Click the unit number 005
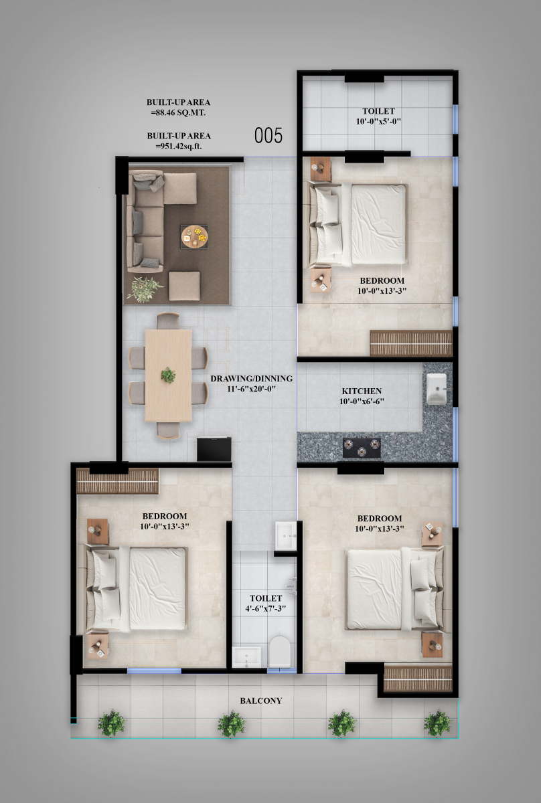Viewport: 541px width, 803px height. (268, 136)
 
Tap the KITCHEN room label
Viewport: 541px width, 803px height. (362, 391)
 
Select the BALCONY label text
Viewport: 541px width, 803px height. (261, 701)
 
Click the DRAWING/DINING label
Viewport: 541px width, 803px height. (251, 379)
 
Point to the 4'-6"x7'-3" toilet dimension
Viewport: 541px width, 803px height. (266, 609)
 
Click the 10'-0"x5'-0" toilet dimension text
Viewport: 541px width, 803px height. (378, 122)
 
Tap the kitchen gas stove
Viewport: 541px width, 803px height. (362, 448)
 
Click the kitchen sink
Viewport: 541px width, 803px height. (437, 389)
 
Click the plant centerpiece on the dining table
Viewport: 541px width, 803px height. (168, 375)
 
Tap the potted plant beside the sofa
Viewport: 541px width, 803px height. (144, 289)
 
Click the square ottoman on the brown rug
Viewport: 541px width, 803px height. (184, 286)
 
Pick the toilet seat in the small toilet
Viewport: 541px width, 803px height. (279, 652)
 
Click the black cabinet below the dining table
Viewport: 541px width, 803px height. (214, 449)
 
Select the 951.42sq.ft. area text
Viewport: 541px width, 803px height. (179, 147)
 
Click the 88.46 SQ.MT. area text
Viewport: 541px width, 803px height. (178, 112)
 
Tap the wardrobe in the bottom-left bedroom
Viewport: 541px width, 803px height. (118, 481)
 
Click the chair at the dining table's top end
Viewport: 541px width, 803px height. (168, 321)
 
